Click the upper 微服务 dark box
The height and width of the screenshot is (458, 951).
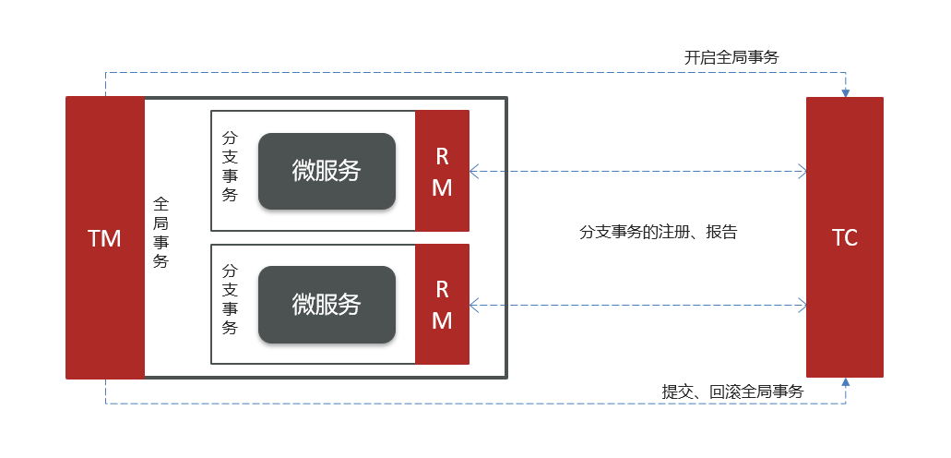327,171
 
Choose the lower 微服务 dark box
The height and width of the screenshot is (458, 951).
327,304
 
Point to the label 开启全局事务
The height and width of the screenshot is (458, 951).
731,57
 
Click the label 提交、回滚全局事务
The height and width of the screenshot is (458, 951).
733,392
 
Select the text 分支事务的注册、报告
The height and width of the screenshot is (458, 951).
659,233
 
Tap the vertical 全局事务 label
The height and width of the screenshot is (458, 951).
160,232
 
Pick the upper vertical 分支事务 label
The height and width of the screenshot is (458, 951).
230,165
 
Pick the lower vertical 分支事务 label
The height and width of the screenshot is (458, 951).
230,299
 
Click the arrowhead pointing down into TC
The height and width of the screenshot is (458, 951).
845,91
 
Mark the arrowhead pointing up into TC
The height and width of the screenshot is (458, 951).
845,383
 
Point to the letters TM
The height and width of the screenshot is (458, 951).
104,238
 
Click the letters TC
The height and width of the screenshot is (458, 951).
844,237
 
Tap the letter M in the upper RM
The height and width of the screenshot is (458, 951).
442,187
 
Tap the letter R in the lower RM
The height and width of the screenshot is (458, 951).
442,289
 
